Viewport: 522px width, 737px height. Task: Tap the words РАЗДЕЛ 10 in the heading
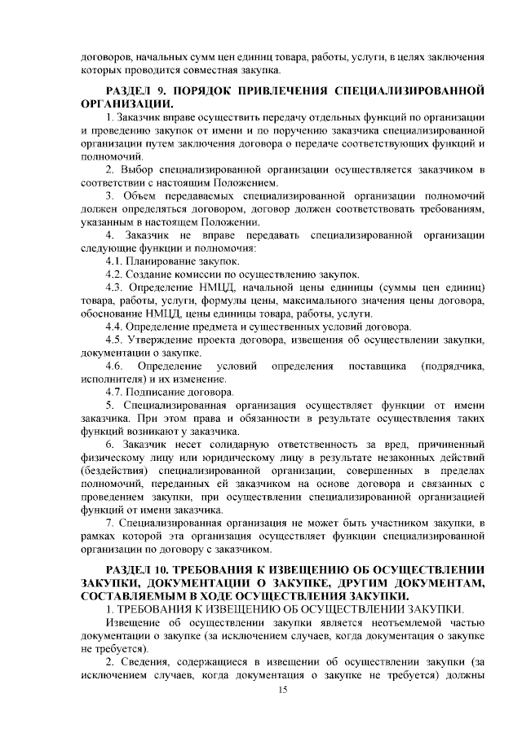tap(130, 567)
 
